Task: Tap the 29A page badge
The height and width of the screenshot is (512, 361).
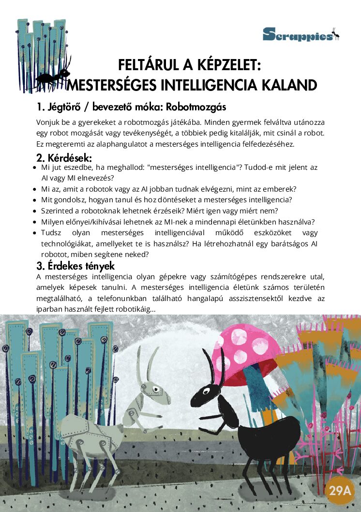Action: pos(340,491)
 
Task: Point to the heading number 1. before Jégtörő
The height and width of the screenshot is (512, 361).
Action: pos(41,106)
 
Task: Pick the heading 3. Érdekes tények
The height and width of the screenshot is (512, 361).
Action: pos(75,266)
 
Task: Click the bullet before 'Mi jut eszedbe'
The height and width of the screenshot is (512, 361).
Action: pos(34,167)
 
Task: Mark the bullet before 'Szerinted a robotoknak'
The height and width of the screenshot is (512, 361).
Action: pos(34,211)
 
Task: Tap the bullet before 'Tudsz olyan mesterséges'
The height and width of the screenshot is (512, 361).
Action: pos(34,233)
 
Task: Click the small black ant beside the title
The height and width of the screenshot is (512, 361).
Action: pos(53,77)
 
